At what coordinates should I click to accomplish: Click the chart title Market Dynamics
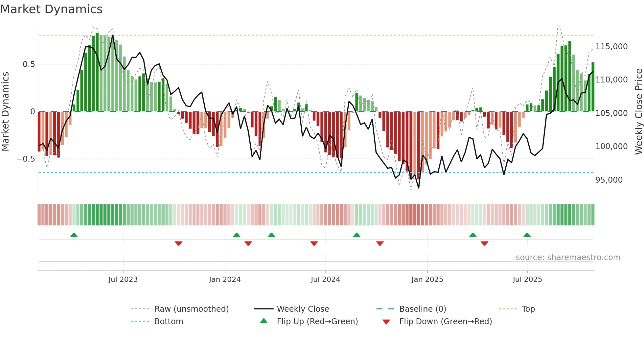click(x=51, y=9)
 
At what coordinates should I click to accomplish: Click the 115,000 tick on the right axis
click(x=611, y=47)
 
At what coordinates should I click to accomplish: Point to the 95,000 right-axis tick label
click(x=609, y=180)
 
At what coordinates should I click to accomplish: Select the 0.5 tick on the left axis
click(x=29, y=64)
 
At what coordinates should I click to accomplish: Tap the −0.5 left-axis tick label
click(x=26, y=159)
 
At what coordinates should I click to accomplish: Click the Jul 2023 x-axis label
click(x=123, y=280)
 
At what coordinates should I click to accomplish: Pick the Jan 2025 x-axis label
click(x=427, y=280)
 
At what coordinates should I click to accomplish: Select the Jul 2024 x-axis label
click(x=325, y=280)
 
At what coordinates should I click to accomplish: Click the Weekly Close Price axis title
click(x=638, y=112)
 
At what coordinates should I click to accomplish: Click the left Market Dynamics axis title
click(x=5, y=112)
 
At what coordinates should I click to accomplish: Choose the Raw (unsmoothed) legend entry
click(x=191, y=309)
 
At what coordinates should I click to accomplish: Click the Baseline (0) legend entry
click(x=423, y=309)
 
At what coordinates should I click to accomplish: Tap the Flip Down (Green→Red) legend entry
click(x=445, y=322)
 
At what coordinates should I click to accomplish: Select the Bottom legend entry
click(x=169, y=322)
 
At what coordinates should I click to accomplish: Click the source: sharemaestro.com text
click(x=568, y=258)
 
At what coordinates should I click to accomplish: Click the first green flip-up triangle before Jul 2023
click(x=74, y=235)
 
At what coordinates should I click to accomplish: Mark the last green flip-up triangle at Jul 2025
click(x=527, y=235)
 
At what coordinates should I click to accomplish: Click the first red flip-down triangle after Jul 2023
click(x=178, y=243)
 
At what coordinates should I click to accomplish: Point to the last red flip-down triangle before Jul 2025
click(x=484, y=243)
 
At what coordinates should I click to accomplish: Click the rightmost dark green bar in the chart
click(x=593, y=87)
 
